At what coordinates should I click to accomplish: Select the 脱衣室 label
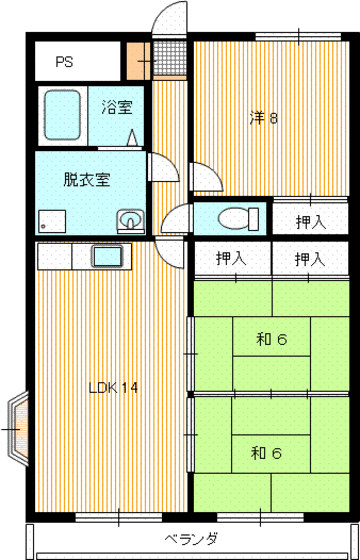[x=87, y=180]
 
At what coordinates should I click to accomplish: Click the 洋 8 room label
[x=264, y=118]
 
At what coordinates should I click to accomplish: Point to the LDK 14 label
[x=111, y=387]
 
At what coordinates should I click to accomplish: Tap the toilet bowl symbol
[x=234, y=217]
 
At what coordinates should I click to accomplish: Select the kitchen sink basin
[x=106, y=256]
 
